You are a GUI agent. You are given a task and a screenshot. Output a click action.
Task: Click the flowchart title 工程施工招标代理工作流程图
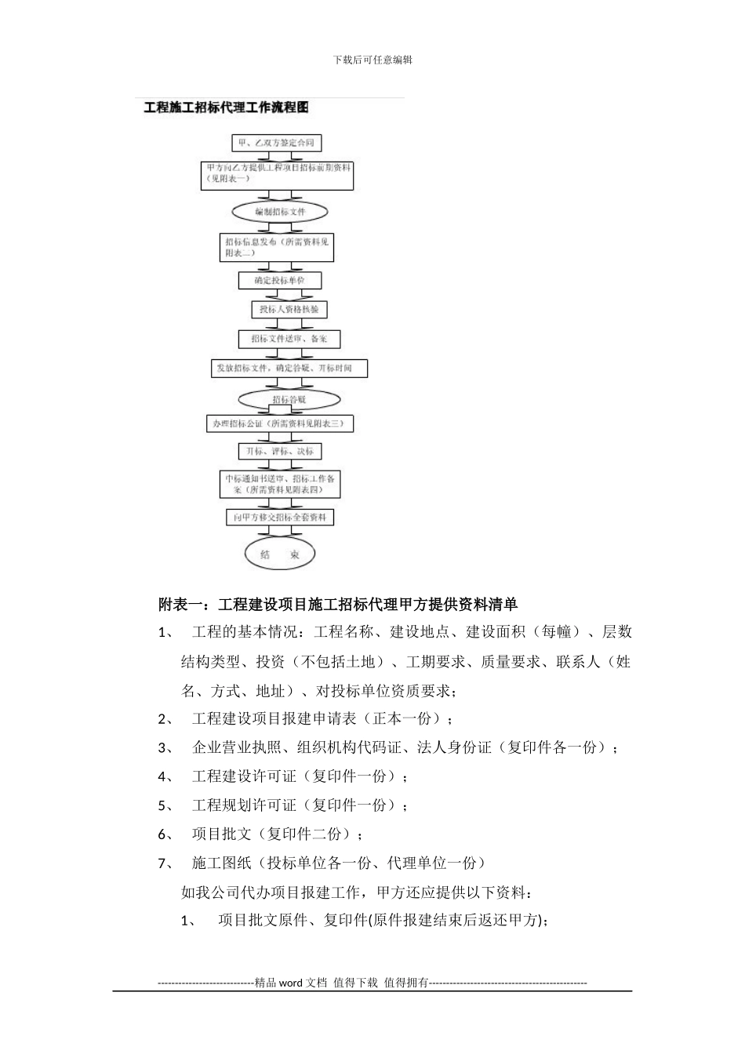[226, 107]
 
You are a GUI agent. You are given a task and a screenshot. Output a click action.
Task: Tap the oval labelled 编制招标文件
[280, 212]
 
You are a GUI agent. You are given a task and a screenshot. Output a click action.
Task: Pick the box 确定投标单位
[279, 280]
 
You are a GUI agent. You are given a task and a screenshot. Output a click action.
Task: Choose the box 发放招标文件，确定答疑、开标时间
[289, 368]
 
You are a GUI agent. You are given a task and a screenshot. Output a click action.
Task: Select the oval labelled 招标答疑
[289, 399]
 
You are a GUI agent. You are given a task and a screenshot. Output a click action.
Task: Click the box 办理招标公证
[279, 424]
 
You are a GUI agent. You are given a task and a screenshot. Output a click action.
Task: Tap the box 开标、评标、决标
[279, 452]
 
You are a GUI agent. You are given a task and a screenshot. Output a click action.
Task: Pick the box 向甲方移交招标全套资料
[279, 518]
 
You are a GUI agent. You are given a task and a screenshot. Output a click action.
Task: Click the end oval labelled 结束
[279, 554]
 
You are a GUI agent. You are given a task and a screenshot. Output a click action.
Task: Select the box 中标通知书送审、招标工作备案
[280, 484]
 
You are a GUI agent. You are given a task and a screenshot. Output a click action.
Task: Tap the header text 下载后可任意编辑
[372, 60]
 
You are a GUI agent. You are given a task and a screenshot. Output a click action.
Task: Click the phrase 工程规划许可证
[244, 805]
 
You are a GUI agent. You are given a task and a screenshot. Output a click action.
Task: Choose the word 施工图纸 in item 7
[221, 863]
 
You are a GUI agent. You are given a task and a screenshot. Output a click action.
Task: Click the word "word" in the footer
[291, 983]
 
